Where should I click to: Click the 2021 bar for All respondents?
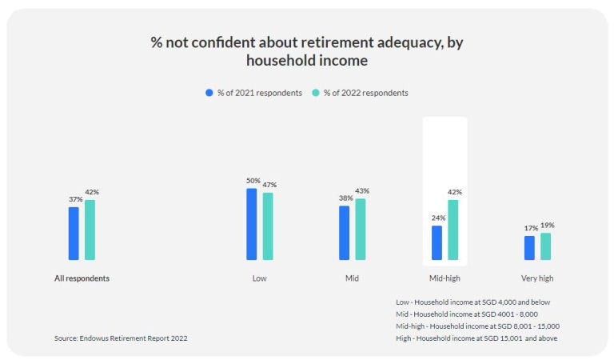74,234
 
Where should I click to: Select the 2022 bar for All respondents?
90,230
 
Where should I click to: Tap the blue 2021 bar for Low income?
251,224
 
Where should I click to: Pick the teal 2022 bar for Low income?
268,226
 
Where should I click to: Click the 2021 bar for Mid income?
344,233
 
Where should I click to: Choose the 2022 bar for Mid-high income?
453,230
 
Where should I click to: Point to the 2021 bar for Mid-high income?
437,242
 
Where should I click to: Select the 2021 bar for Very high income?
529,248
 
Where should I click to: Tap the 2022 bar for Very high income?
546,246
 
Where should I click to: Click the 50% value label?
253,181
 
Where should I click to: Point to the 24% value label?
437,218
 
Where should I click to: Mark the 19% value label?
548,226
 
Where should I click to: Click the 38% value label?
344,198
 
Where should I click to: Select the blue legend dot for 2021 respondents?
209,93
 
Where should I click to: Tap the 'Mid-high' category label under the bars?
445,278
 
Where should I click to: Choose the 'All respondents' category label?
82,278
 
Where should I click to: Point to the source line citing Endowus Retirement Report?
121,338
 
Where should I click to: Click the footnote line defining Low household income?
473,302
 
